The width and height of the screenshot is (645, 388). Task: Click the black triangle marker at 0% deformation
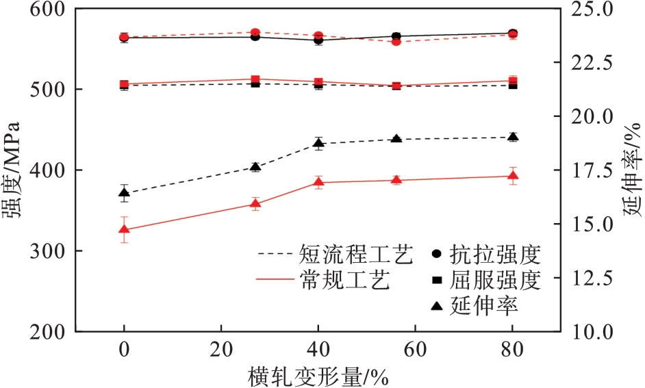(124, 193)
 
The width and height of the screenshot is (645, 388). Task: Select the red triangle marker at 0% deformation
(124, 229)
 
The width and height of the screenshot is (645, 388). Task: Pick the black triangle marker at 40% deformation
(318, 143)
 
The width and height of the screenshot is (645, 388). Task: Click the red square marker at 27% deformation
(255, 80)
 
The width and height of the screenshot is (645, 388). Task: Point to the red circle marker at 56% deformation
(396, 42)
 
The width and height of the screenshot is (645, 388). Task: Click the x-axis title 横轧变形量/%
(318, 376)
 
